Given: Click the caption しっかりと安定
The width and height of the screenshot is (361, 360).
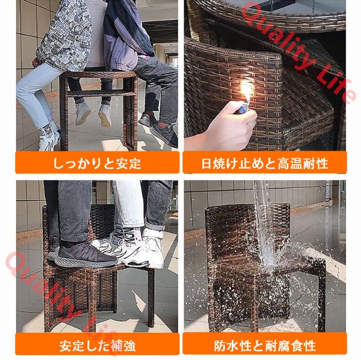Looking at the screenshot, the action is (97, 163).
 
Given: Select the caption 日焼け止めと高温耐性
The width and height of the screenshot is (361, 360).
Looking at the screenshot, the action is (265, 163).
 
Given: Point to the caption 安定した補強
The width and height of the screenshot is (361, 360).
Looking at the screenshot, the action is (97, 346).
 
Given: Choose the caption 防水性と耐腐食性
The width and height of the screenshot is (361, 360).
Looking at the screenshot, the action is (265, 346).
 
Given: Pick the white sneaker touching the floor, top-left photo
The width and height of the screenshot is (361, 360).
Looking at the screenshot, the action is (49, 137).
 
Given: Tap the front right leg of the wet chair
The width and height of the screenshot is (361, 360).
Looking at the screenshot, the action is (320, 300).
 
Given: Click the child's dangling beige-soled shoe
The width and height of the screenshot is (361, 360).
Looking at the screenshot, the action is (105, 117).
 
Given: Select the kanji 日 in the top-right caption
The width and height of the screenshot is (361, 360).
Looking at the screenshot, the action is (206, 163).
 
